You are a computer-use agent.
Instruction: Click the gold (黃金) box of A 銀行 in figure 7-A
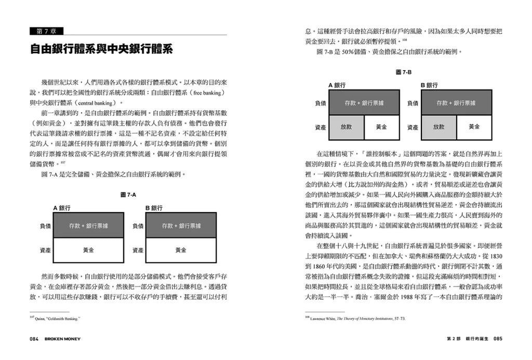coord(88,250)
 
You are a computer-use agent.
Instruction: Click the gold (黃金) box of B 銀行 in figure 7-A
coord(181,250)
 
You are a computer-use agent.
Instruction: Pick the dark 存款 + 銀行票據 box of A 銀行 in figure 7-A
coord(88,226)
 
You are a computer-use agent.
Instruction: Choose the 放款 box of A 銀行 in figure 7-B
coord(346,127)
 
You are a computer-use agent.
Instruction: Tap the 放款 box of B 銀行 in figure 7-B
coord(438,127)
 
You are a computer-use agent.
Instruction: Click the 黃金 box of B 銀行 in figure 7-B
coord(474,127)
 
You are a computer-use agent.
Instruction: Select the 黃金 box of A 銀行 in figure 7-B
coord(382,127)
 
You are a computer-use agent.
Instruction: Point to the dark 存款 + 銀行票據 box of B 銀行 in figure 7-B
coord(456,103)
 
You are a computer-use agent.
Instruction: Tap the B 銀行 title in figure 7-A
coord(154,208)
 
